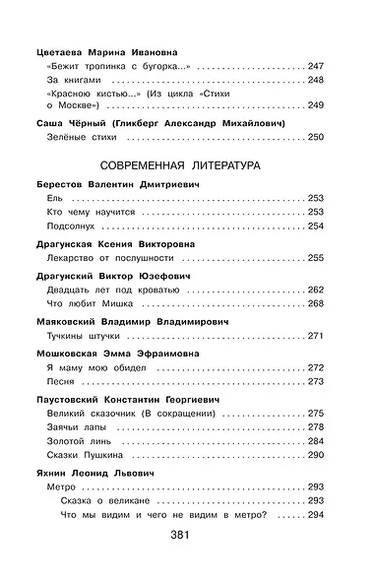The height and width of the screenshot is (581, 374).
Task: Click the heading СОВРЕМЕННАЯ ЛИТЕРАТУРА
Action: (x=187, y=165)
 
